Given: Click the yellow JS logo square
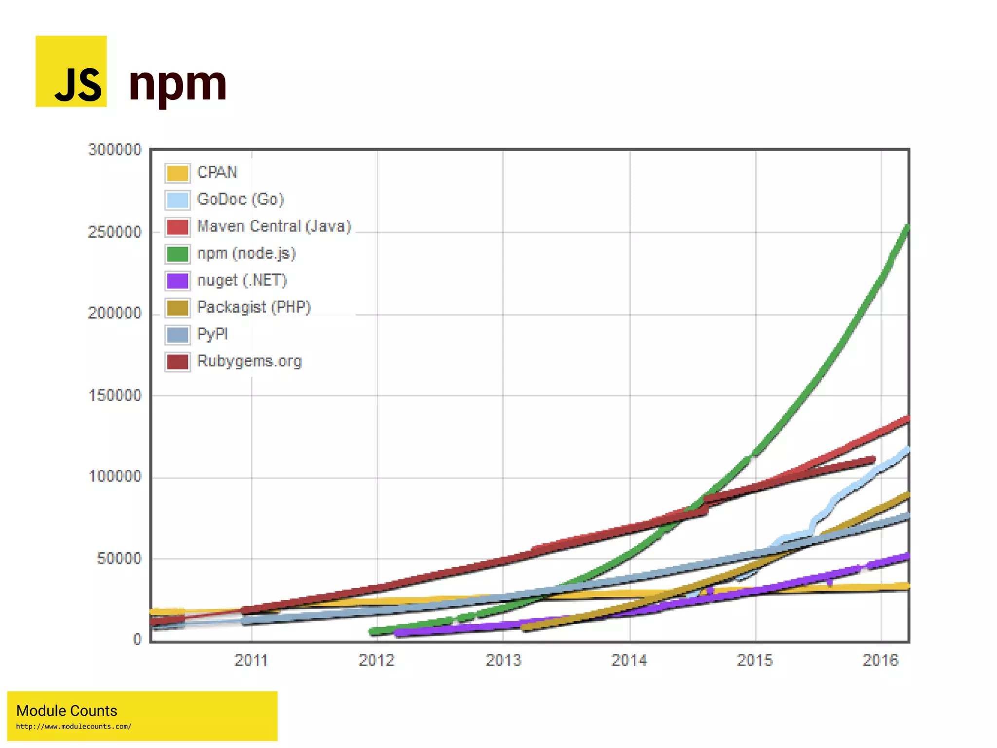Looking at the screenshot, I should click(x=71, y=71).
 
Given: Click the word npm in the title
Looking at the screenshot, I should click(x=178, y=84).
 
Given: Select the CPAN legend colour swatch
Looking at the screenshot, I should click(x=177, y=173).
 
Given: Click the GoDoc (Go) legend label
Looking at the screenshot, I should click(x=240, y=199).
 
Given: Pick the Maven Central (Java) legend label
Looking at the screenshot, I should click(x=274, y=227).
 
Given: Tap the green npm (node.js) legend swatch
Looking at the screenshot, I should click(x=177, y=254).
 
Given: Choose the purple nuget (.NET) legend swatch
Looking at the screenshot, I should click(x=177, y=281).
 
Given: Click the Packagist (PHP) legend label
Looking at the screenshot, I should click(x=254, y=307).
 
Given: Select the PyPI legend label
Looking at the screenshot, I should click(x=212, y=334).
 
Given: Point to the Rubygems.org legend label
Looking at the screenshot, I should click(x=249, y=361).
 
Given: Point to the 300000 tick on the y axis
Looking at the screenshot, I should click(x=115, y=150).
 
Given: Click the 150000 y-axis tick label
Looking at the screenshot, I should click(x=115, y=395).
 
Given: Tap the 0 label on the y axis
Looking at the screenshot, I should click(x=137, y=639).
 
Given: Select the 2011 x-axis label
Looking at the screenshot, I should click(x=251, y=660).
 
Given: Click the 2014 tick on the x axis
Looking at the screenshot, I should click(x=629, y=660).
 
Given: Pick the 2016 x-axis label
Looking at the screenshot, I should click(x=880, y=660).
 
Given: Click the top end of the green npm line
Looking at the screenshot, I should click(x=906, y=228).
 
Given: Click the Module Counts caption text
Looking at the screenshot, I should click(x=67, y=710).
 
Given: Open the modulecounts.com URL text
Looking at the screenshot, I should click(x=74, y=727).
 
